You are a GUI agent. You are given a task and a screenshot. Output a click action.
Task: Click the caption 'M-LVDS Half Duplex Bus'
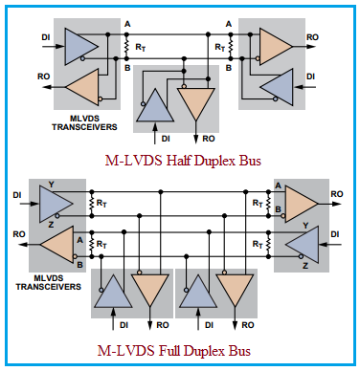tap(180, 160)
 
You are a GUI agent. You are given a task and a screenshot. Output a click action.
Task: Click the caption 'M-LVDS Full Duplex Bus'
tap(180, 351)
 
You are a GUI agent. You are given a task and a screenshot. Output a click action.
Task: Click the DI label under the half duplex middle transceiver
tap(167, 137)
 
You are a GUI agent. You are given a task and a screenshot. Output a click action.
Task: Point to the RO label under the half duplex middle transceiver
tap(208, 137)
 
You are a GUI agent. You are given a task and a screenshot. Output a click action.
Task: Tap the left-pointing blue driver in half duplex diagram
tap(288, 89)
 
